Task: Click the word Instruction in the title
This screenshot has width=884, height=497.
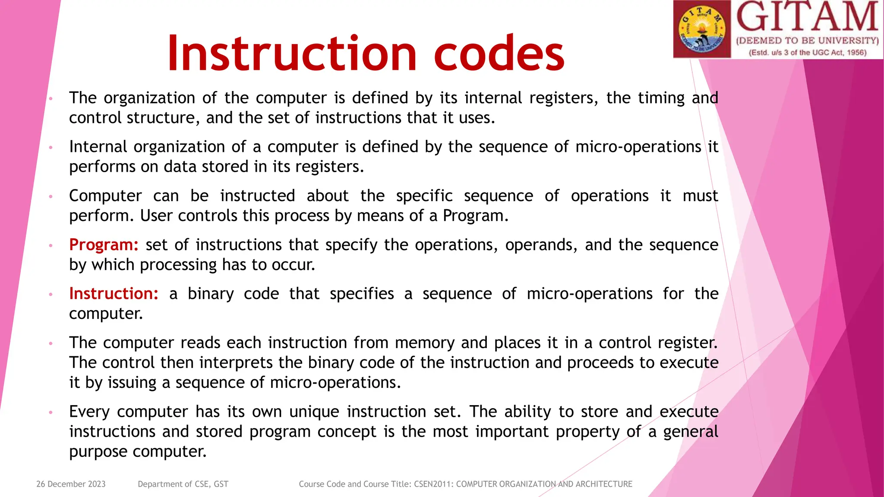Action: click(292, 53)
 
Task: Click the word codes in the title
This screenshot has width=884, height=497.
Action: click(499, 53)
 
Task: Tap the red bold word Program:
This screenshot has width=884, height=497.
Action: click(104, 245)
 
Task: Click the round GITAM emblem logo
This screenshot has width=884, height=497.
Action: click(702, 29)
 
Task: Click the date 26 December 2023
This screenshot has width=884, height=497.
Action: click(71, 484)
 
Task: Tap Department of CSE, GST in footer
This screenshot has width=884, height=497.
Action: click(183, 484)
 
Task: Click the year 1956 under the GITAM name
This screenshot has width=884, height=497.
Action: click(856, 53)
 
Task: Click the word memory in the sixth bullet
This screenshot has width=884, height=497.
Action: click(425, 343)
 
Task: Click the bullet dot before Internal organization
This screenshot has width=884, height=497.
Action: click(51, 148)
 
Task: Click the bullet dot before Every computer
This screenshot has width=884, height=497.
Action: click(51, 412)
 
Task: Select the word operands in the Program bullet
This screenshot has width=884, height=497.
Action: click(541, 245)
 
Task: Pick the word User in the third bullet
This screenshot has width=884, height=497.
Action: click(156, 215)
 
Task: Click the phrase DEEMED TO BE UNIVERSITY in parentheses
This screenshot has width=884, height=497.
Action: click(807, 41)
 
